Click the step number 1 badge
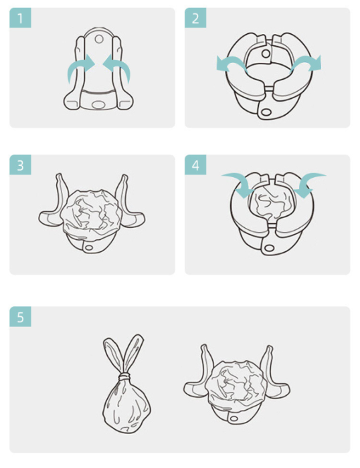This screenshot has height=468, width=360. point(20,18)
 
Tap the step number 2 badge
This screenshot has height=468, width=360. point(195,18)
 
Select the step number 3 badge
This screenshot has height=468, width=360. point(20,164)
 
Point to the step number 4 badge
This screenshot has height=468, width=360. point(195,164)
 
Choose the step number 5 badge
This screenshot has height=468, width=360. point(20,316)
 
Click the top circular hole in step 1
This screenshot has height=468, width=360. point(99,39)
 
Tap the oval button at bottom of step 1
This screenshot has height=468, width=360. point(98,105)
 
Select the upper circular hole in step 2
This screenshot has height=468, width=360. point(265,53)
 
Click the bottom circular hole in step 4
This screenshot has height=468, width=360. point(269,247)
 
